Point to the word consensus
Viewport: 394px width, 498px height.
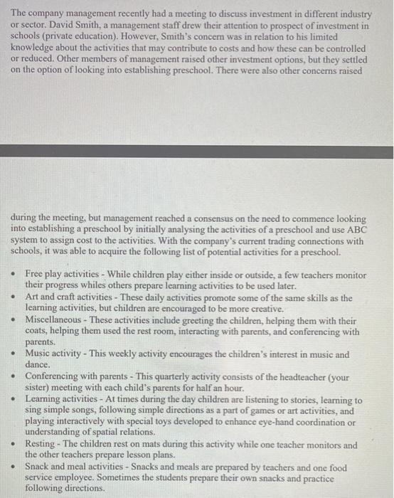tap(210, 219)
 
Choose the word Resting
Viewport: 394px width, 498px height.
tap(41, 445)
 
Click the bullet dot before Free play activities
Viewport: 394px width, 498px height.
tap(14, 274)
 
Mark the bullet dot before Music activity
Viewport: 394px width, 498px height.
tap(14, 354)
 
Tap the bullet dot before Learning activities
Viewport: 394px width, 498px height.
tap(14, 401)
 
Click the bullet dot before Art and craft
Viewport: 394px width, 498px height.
tap(14, 298)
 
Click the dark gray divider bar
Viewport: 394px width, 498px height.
tap(197, 152)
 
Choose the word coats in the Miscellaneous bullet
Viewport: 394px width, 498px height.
tap(37, 332)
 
